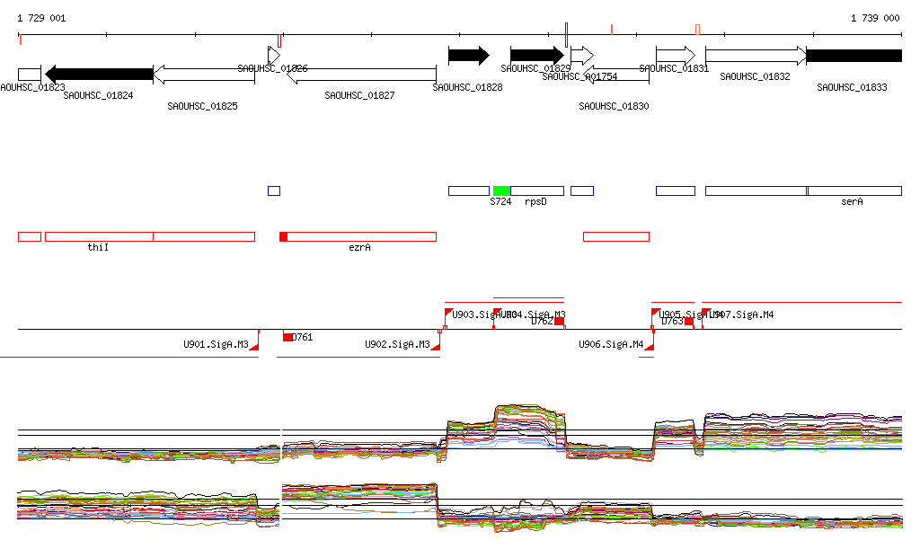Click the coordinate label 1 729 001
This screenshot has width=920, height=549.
click(41, 18)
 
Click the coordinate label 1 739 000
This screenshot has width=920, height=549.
click(875, 18)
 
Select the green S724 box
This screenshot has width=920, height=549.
click(501, 190)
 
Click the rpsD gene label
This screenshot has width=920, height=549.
click(535, 202)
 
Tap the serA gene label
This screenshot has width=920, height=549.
click(852, 202)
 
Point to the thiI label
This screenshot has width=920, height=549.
click(98, 246)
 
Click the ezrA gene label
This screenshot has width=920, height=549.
click(359, 246)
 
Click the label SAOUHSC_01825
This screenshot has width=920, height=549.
click(202, 106)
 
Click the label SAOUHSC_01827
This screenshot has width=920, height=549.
click(359, 94)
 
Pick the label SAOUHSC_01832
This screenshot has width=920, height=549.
click(755, 77)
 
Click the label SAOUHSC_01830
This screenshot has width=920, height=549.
click(614, 106)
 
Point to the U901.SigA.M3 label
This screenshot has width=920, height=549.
click(216, 344)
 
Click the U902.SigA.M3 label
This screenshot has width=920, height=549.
click(397, 344)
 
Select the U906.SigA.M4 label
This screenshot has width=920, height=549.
click(611, 344)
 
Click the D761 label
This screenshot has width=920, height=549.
click(303, 337)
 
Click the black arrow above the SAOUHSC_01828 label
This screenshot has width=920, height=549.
click(468, 56)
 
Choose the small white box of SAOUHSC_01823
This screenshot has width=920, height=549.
click(29, 74)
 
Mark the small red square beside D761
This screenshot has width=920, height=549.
click(287, 337)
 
